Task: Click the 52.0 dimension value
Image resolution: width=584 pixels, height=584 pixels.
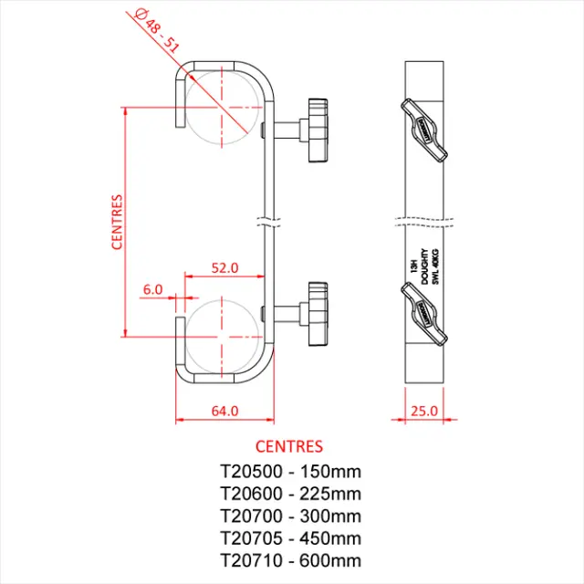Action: [224, 268]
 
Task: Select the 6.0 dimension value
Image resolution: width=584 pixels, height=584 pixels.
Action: [152, 289]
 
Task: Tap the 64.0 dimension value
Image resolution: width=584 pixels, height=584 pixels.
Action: [224, 411]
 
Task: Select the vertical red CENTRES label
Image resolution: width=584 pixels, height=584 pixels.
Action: [117, 221]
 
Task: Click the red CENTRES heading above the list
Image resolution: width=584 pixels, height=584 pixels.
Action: [288, 447]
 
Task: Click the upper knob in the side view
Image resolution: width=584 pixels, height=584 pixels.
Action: [319, 130]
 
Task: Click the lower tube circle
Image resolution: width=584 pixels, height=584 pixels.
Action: [221, 334]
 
